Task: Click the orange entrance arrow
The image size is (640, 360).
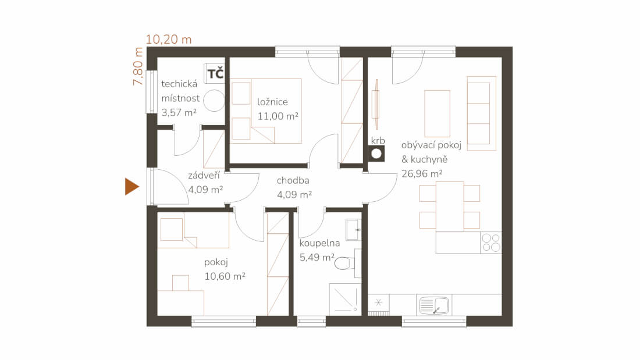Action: click(x=131, y=187)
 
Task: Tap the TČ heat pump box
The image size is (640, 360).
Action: click(x=215, y=73)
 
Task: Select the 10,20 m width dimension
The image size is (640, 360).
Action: click(x=169, y=40)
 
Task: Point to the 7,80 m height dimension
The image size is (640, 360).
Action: click(x=138, y=66)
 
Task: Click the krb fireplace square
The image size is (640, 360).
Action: click(x=376, y=154)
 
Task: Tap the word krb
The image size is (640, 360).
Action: click(x=378, y=140)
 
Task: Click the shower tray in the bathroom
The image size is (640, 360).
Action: click(x=345, y=299)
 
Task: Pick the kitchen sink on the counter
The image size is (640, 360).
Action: click(x=434, y=305)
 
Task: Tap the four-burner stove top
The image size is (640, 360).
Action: click(x=491, y=243)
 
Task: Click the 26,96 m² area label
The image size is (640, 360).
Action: click(x=422, y=173)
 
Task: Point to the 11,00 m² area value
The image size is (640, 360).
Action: click(x=278, y=116)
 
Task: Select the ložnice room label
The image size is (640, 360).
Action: click(x=272, y=102)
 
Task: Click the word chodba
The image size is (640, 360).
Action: click(x=293, y=180)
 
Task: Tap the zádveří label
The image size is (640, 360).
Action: click(x=204, y=175)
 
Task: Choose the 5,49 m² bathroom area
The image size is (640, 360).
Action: click(x=317, y=257)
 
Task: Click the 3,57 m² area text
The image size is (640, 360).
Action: click(x=179, y=112)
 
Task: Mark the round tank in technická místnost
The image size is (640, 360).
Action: click(x=214, y=101)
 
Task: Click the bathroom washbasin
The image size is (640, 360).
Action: click(x=353, y=230)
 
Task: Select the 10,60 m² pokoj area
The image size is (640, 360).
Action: click(x=225, y=276)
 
